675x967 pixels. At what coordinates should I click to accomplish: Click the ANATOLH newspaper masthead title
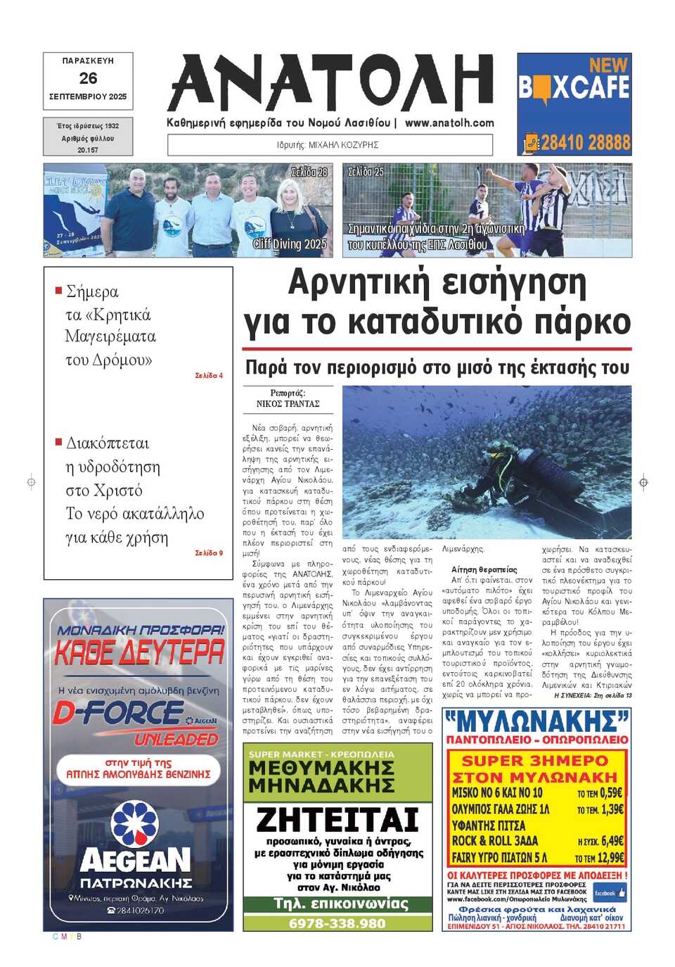(330, 83)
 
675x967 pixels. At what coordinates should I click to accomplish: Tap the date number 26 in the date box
(88, 78)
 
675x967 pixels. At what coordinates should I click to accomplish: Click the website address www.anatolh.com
(449, 122)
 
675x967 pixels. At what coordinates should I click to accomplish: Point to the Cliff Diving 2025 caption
(290, 244)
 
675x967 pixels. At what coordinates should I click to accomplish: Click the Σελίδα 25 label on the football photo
(366, 171)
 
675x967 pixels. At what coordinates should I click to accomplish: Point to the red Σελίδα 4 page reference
(209, 376)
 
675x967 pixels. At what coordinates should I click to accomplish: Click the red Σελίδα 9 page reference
(209, 553)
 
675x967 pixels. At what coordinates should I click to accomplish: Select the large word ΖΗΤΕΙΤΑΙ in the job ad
(337, 820)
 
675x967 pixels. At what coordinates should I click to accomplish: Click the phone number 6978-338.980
(337, 923)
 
